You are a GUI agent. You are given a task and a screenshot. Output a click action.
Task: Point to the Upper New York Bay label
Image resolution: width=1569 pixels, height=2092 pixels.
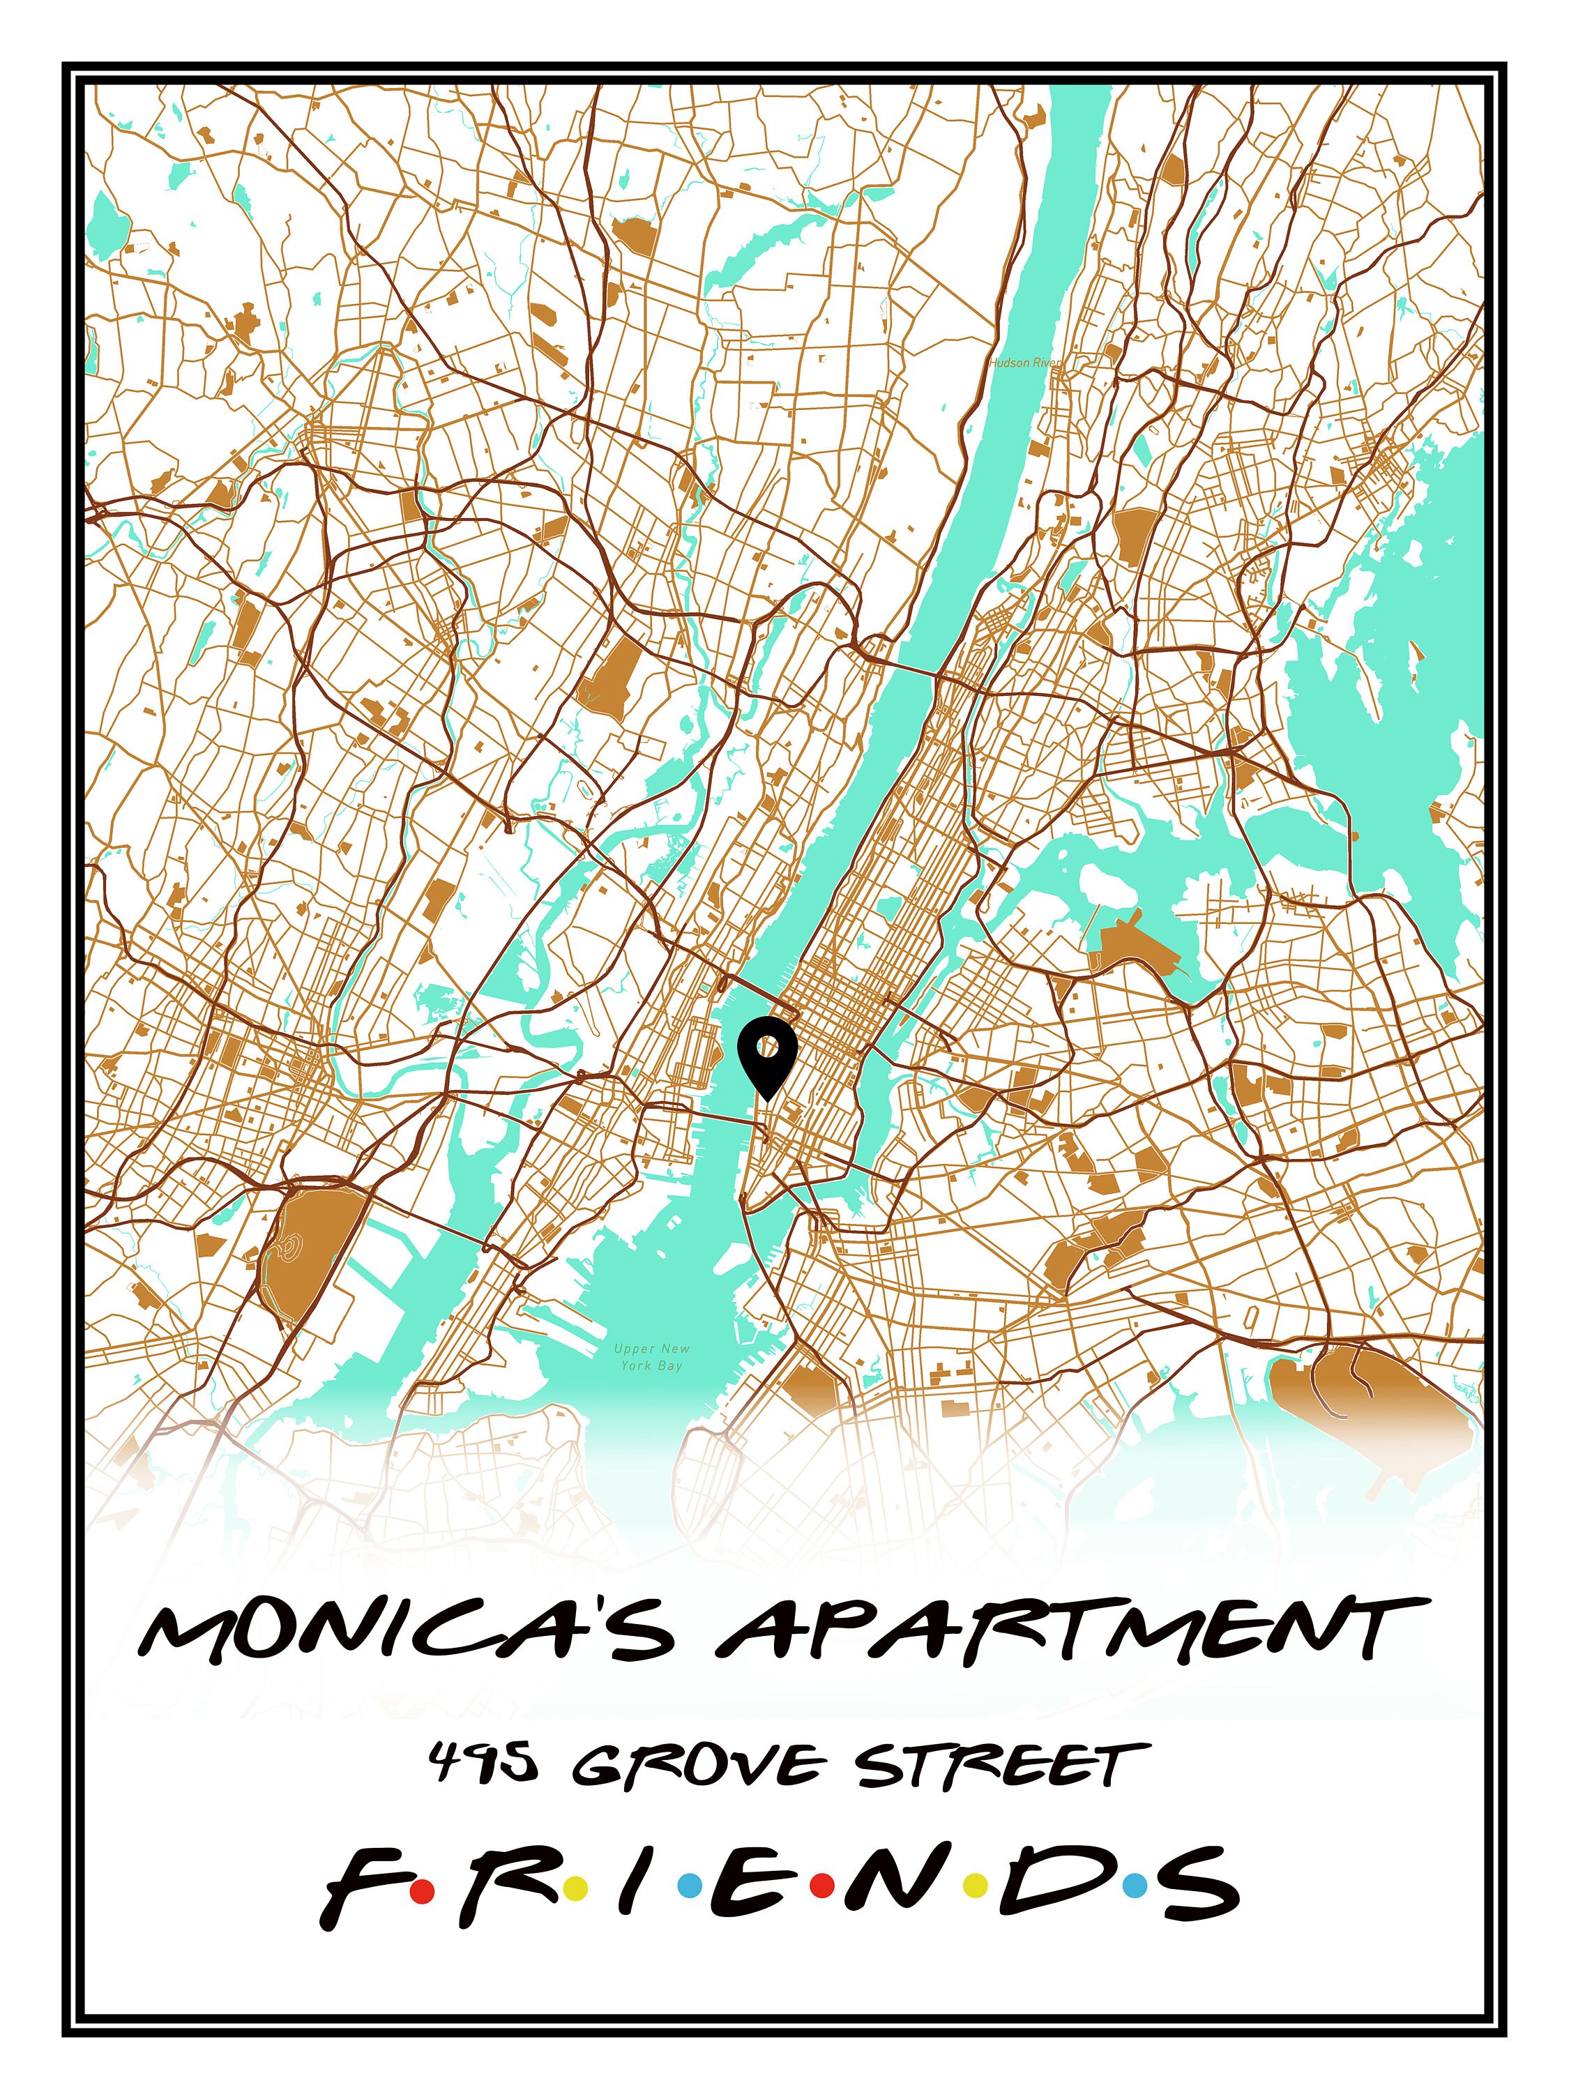651,1357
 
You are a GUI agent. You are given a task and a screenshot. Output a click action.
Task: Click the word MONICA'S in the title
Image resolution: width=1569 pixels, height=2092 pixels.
407,1630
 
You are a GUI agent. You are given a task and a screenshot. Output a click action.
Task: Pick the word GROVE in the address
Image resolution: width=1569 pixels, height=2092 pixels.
695,1766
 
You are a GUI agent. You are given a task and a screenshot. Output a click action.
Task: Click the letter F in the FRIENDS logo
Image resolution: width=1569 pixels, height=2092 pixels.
362,1890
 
